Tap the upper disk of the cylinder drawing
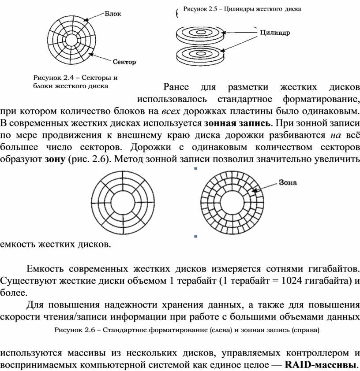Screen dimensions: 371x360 pyautogui.click(x=199, y=33)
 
